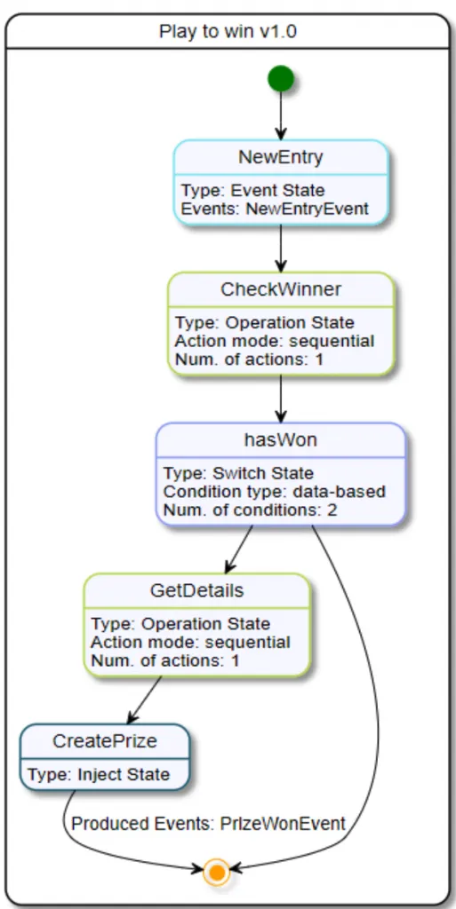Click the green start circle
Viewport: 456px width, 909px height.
(281, 78)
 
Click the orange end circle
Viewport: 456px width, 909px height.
(216, 872)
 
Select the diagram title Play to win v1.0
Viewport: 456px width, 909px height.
(228, 31)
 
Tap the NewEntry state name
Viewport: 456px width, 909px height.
(281, 156)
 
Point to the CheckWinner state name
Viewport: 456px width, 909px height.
(281, 289)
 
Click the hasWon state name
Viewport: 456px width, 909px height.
(281, 440)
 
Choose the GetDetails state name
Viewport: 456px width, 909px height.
(196, 590)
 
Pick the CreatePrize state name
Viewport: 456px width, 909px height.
(105, 741)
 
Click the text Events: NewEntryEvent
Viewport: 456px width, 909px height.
(275, 208)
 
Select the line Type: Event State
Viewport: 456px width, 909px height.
(253, 190)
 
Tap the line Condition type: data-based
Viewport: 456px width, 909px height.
(275, 492)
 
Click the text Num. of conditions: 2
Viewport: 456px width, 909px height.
(251, 510)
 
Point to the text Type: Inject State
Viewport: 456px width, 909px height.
(99, 774)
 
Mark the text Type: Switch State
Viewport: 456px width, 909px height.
(239, 473)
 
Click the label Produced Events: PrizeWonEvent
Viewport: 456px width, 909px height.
(208, 823)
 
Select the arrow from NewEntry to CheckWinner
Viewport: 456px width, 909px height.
(281, 249)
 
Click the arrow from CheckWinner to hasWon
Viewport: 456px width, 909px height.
(281, 399)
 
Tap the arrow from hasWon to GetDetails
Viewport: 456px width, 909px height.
(240, 549)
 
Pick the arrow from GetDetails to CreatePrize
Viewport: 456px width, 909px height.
(145, 700)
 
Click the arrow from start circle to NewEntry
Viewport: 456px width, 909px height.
(281, 115)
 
